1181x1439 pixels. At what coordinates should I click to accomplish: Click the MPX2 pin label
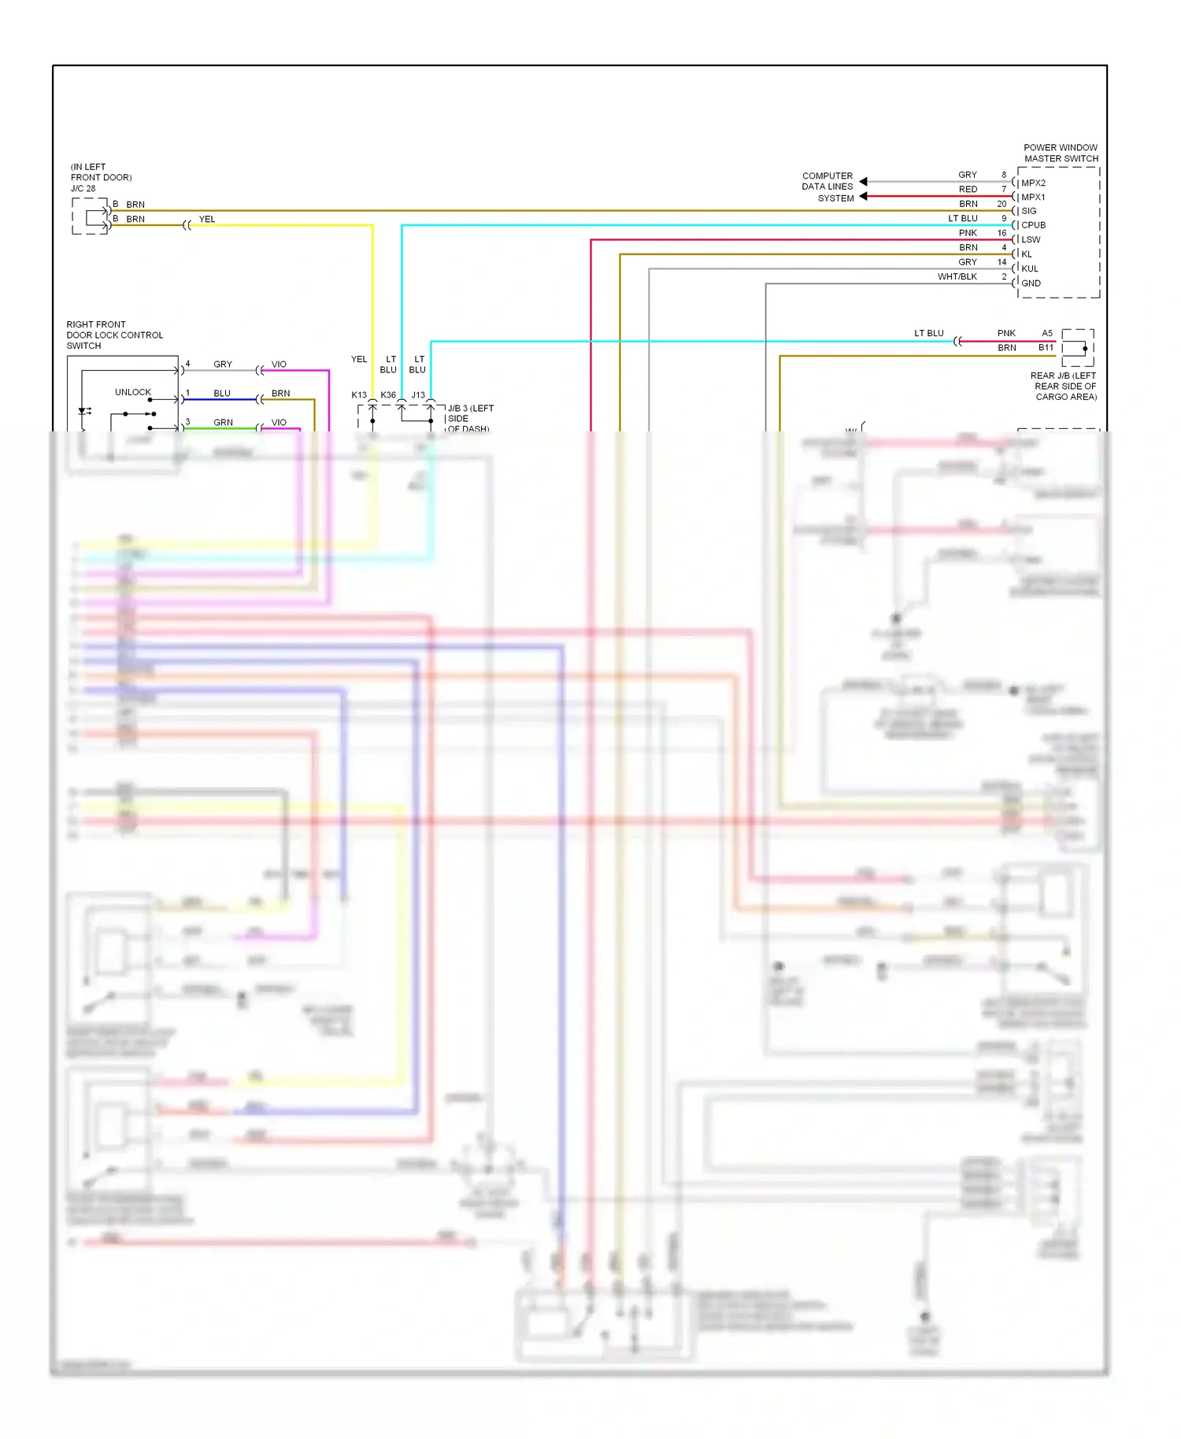pyautogui.click(x=1033, y=183)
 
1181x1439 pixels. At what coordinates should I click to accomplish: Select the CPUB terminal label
pyautogui.click(x=1033, y=225)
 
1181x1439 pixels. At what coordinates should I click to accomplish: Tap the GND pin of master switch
pyautogui.click(x=1031, y=283)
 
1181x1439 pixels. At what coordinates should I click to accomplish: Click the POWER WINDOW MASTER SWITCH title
pyautogui.click(x=1061, y=153)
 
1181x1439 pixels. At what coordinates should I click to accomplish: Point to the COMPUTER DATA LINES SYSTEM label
pyautogui.click(x=827, y=187)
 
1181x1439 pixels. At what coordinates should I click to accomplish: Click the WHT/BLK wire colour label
pyautogui.click(x=957, y=277)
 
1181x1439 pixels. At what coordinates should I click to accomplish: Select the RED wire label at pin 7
pyautogui.click(x=968, y=190)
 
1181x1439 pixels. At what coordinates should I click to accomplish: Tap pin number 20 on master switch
pyautogui.click(x=1001, y=204)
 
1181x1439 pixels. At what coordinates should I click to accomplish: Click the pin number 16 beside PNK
pyautogui.click(x=1001, y=233)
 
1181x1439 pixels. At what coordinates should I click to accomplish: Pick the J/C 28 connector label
pyautogui.click(x=83, y=189)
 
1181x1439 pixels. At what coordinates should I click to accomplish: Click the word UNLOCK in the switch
pyautogui.click(x=132, y=392)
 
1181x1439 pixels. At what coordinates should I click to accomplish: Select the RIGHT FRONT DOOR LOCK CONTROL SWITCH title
pyautogui.click(x=114, y=335)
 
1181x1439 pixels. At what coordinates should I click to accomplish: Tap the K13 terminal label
pyautogui.click(x=359, y=395)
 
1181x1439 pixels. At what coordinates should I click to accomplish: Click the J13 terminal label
pyautogui.click(x=418, y=395)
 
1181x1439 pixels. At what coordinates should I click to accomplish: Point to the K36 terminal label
pyautogui.click(x=388, y=395)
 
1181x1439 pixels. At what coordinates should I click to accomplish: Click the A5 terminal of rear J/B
pyautogui.click(x=1047, y=334)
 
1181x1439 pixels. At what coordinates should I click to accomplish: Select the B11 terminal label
pyautogui.click(x=1046, y=348)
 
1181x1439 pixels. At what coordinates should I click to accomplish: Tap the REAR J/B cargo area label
pyautogui.click(x=1065, y=387)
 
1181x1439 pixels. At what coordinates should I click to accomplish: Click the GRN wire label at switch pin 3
pyautogui.click(x=223, y=423)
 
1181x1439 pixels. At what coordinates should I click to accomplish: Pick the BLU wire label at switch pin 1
pyautogui.click(x=222, y=394)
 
